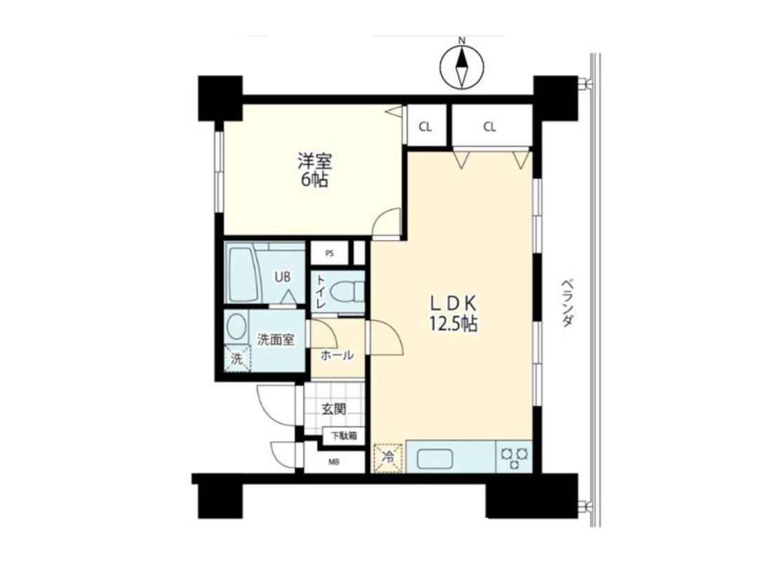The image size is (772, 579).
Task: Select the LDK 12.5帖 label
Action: pyautogui.click(x=453, y=313)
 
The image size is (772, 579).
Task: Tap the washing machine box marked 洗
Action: pyautogui.click(x=238, y=359)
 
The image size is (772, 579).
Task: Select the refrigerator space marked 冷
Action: pyautogui.click(x=389, y=458)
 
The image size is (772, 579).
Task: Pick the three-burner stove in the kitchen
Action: pyautogui.click(x=514, y=457)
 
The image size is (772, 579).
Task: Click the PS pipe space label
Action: pyautogui.click(x=329, y=254)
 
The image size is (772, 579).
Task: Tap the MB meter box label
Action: pyautogui.click(x=334, y=462)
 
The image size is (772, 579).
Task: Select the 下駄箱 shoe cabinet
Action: pyautogui.click(x=344, y=436)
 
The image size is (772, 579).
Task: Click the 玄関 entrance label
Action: pyautogui.click(x=334, y=408)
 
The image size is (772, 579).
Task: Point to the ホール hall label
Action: pyautogui.click(x=338, y=354)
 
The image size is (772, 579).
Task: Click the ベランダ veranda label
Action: pyautogui.click(x=567, y=304)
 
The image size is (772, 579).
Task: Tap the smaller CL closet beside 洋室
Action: pyautogui.click(x=425, y=127)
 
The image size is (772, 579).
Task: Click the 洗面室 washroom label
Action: pyautogui.click(x=277, y=339)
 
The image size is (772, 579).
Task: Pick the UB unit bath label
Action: pyautogui.click(x=282, y=277)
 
